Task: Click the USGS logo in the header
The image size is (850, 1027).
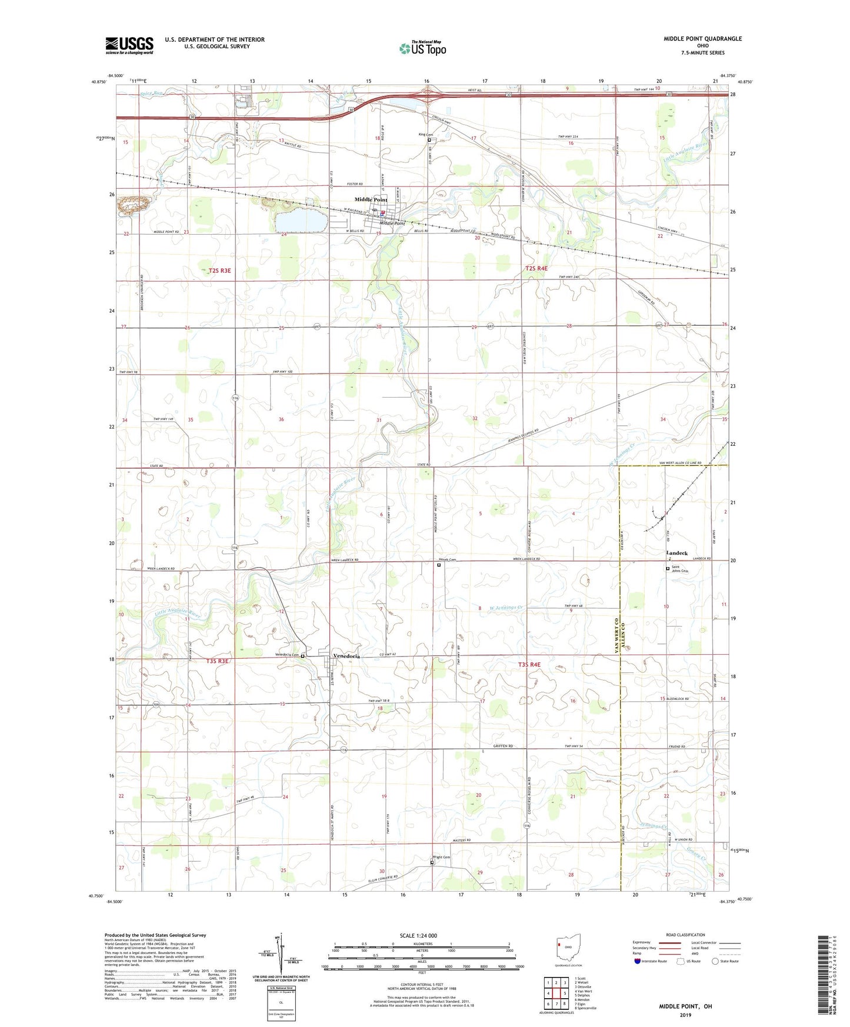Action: (129, 45)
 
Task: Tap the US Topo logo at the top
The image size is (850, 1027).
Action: (422, 48)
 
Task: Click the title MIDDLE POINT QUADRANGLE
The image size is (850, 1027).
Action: (702, 39)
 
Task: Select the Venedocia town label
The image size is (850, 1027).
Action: (346, 656)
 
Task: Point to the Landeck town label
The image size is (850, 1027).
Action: (676, 553)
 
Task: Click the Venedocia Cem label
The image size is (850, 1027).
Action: (287, 655)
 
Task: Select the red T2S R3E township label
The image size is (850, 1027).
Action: (220, 271)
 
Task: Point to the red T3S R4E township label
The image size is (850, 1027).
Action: (529, 665)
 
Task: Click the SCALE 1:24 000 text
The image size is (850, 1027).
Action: (418, 935)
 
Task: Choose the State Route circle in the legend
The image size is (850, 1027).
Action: (715, 961)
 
